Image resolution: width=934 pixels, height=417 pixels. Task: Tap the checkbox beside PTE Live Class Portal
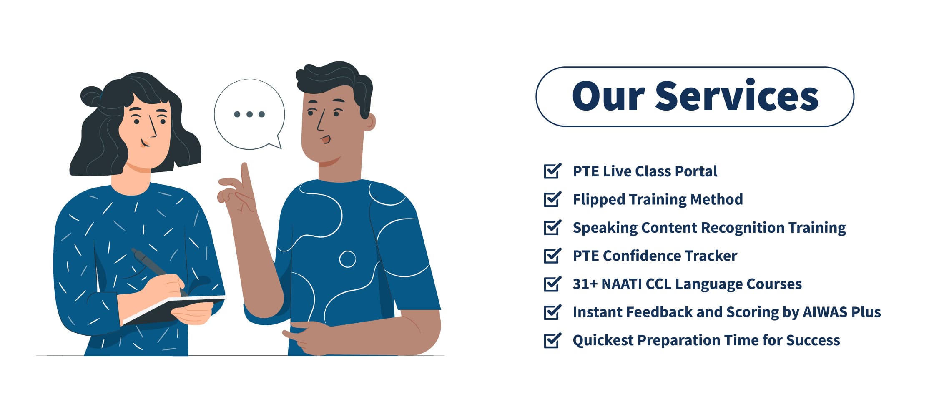552,171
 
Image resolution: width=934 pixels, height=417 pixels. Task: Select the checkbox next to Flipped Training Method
552,199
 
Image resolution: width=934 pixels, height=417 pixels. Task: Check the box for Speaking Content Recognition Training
552,227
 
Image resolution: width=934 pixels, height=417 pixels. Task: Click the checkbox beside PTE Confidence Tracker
552,256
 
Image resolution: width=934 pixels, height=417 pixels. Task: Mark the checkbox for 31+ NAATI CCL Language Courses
552,284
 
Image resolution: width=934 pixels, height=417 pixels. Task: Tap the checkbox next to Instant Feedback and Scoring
552,312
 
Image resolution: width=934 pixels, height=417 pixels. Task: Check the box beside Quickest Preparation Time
552,340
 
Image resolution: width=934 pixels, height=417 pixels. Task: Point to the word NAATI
621,284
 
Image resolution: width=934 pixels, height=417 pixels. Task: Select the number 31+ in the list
585,284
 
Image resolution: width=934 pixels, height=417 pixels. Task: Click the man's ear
370,122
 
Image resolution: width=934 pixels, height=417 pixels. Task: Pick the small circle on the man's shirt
347,259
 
